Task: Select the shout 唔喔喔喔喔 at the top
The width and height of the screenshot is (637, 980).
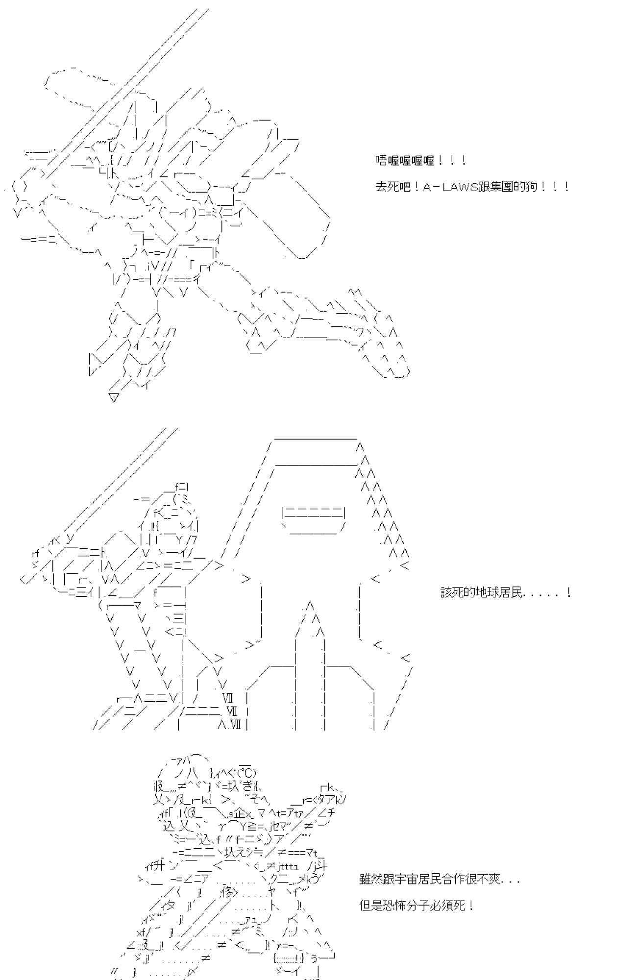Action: pyautogui.click(x=405, y=161)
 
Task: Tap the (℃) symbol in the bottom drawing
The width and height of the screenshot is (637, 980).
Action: pyautogui.click(x=245, y=773)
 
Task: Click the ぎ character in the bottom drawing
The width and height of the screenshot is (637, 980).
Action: pyautogui.click(x=243, y=786)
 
